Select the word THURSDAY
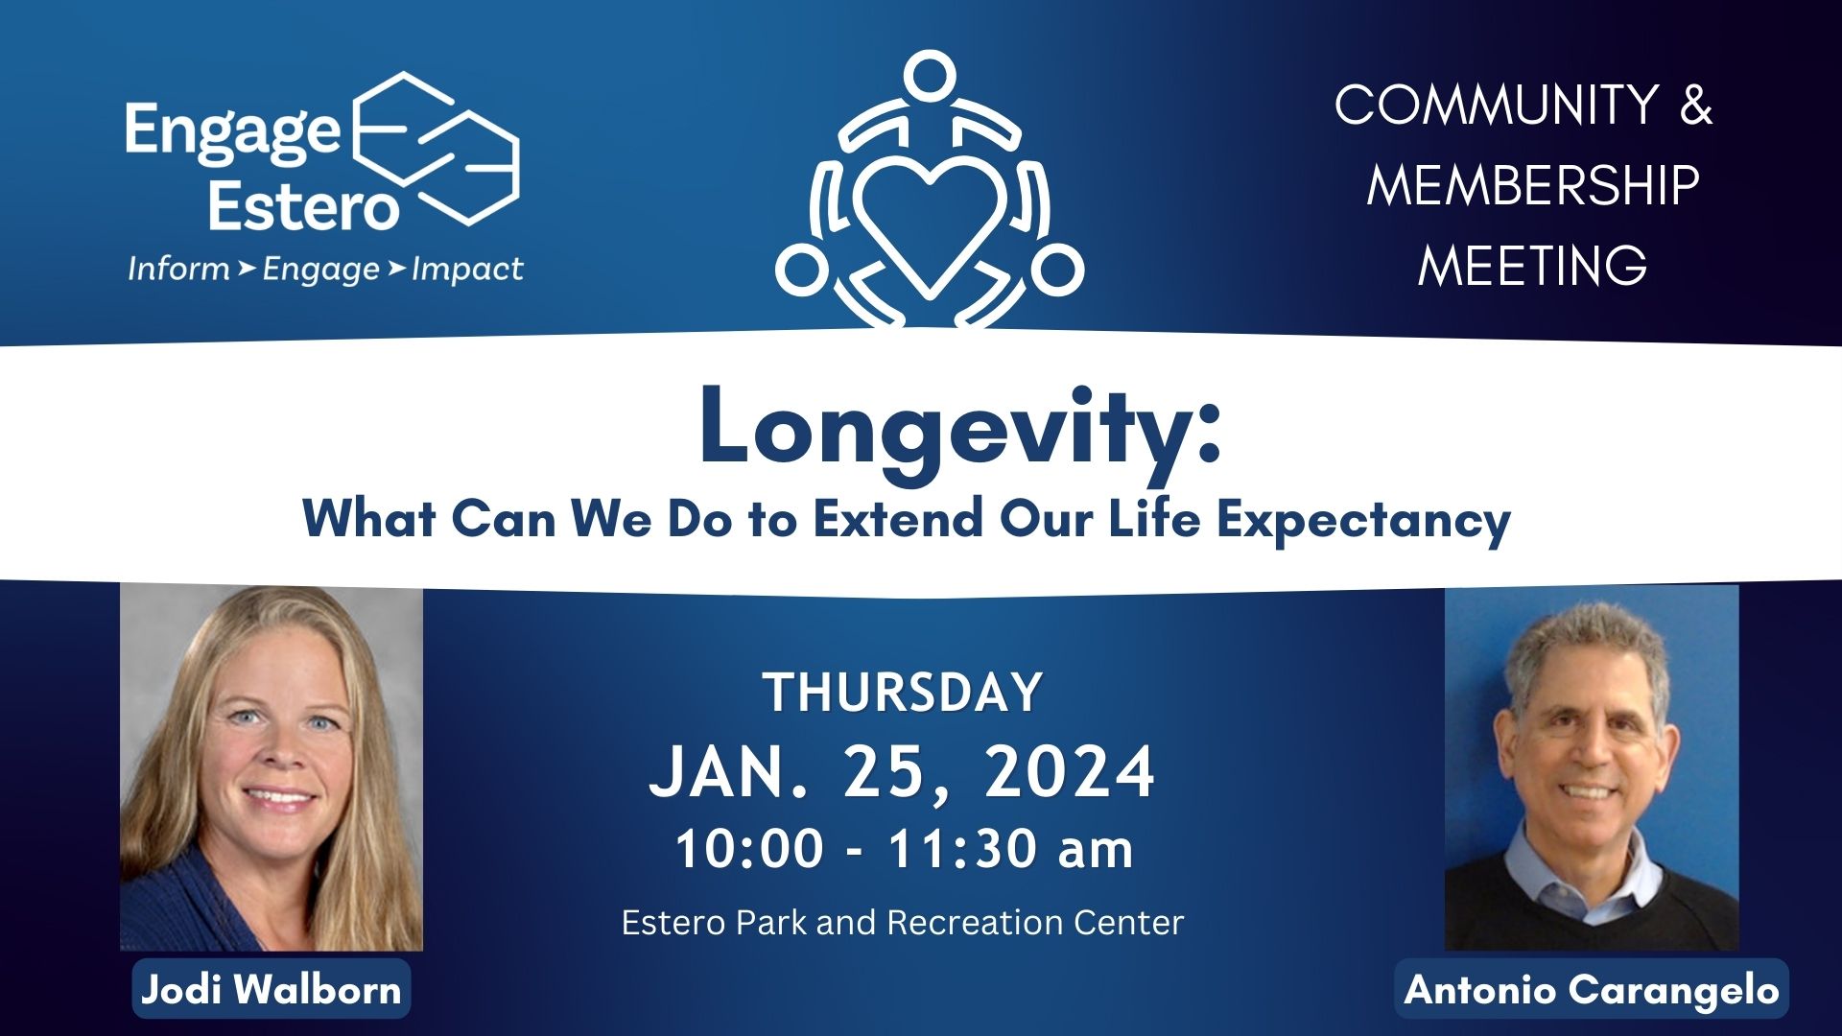click(x=903, y=693)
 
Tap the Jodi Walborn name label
click(x=272, y=989)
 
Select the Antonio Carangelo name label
click(x=1592, y=989)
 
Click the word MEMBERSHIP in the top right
click(x=1532, y=185)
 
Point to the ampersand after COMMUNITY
click(x=1695, y=105)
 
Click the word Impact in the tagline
click(x=467, y=270)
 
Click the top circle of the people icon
click(x=930, y=74)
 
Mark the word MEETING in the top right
click(x=1532, y=266)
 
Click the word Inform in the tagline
click(x=179, y=270)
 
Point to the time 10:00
click(x=749, y=849)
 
